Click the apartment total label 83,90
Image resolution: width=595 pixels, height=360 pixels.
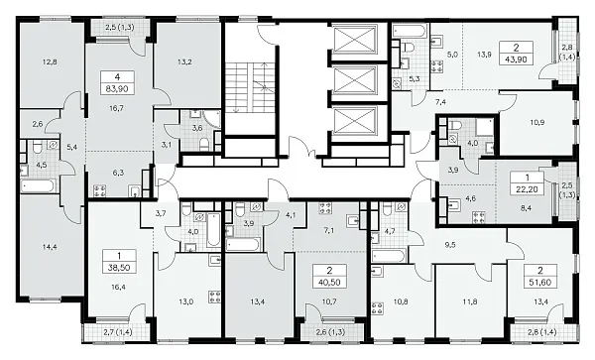117,89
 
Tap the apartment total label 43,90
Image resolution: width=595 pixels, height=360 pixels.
517,60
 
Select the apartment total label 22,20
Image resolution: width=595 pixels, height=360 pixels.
528,188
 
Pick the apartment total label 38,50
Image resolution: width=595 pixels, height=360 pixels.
119,268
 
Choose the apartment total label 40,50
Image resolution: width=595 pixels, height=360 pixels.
329,283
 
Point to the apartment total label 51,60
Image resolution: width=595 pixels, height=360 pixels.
540,283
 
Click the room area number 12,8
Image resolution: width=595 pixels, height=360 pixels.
51,62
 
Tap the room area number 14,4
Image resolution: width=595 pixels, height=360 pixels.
50,247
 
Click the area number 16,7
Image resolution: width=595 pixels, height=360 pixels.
116,108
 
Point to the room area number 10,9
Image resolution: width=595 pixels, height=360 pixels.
537,123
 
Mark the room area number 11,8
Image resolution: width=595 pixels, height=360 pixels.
470,301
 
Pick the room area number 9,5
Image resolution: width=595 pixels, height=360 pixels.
450,245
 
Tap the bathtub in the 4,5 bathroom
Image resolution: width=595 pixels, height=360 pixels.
39,186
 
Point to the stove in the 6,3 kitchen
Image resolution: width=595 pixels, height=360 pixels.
99,190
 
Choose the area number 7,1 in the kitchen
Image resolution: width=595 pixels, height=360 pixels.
329,230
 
